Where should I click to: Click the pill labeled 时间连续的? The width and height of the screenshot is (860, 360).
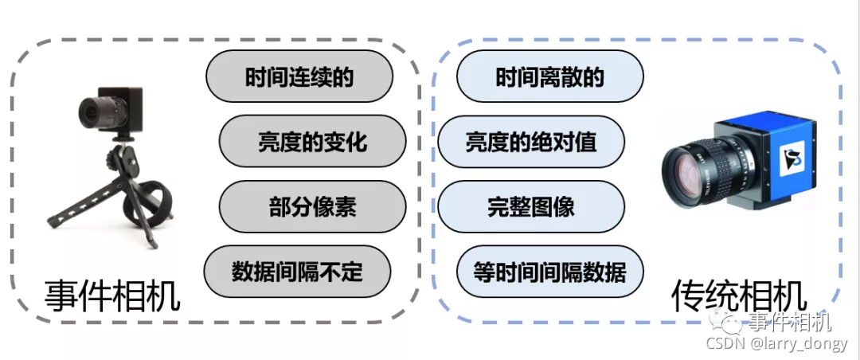tap(299, 77)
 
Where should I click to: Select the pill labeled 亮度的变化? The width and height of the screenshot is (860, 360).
tap(312, 142)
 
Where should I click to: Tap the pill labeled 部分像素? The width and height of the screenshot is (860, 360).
tap(312, 207)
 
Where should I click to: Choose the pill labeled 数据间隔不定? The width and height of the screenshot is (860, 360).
tap(298, 272)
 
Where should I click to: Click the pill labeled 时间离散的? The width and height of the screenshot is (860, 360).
tap(549, 77)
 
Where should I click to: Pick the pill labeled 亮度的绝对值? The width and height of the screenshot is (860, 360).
tap(531, 142)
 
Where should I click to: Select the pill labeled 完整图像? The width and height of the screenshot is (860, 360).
tap(531, 207)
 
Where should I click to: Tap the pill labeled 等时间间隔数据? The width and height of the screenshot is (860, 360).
tap(549, 272)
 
